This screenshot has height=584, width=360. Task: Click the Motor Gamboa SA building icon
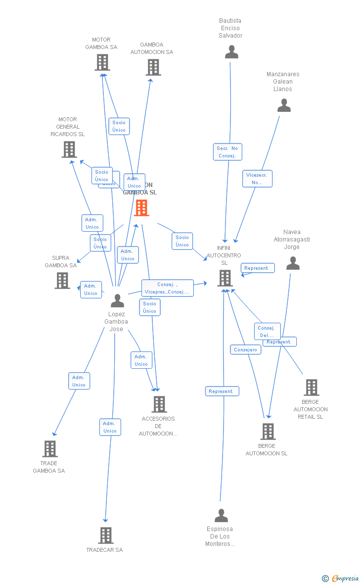coord(102,62)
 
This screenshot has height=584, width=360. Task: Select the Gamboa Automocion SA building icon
coord(153,67)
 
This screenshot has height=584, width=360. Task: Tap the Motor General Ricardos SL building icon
coord(69,149)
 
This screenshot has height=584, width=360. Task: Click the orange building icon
coord(141,208)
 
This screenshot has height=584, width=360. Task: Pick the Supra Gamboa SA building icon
coord(62,280)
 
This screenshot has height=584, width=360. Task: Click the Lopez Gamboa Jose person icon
coord(117,300)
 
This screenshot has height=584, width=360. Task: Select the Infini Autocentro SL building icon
coord(225,278)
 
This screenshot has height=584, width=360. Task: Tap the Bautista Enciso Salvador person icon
coord(231,52)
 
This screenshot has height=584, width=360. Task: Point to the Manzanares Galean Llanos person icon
coord(284,105)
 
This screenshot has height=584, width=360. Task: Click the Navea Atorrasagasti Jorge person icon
coord(293,263)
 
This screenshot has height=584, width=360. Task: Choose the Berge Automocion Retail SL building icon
coord(311,388)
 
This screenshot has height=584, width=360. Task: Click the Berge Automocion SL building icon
coord(268,432)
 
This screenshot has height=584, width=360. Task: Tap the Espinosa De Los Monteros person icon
coord(221,516)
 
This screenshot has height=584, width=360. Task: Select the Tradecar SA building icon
coord(105,535)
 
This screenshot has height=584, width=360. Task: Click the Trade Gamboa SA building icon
coord(49,449)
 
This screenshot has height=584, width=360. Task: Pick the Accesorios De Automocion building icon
coord(159,404)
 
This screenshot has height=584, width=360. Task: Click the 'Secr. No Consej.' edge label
coord(227,152)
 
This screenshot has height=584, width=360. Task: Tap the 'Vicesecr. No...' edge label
coord(257,179)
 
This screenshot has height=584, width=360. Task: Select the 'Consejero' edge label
coord(246,349)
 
